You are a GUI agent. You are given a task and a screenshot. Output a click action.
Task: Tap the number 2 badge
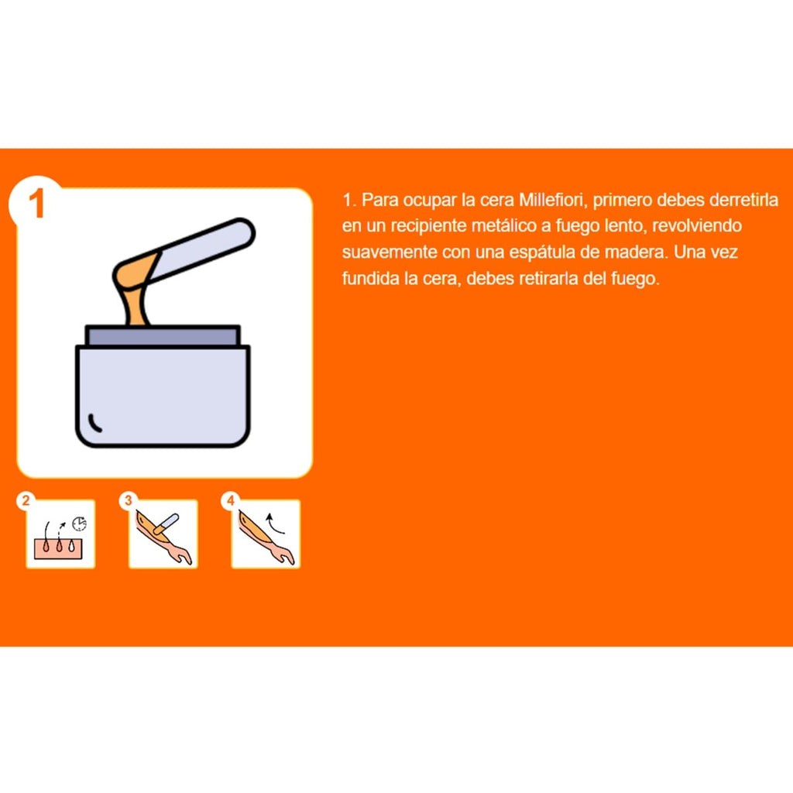(x=26, y=501)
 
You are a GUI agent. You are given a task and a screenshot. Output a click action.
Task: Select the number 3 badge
(x=128, y=501)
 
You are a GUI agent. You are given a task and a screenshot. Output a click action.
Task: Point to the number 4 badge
(x=231, y=501)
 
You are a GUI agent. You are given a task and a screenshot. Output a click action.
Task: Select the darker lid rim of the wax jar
(x=163, y=336)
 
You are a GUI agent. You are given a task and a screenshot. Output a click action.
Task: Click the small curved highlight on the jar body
(x=94, y=423)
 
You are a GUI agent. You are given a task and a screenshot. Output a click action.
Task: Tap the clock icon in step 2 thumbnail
(x=79, y=524)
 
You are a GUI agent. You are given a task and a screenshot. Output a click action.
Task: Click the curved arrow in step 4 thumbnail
(x=275, y=524)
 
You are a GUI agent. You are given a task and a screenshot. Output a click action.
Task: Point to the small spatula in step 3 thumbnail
(x=166, y=524)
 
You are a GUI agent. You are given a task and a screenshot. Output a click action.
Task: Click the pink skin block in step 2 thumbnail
(x=57, y=549)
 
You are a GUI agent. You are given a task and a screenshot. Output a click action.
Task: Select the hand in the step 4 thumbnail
(x=283, y=554)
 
